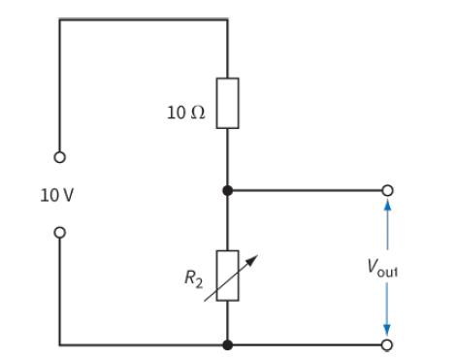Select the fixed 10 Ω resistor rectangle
tap(227, 104)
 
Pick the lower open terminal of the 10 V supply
tap(60, 232)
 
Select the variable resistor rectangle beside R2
tap(227, 275)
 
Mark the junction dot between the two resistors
tap(227, 191)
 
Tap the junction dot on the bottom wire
tap(227, 344)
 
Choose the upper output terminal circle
tap(388, 191)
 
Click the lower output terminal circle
tap(388, 344)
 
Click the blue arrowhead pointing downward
tap(388, 330)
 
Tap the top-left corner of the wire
tap(60, 18)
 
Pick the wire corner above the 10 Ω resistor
tap(227, 18)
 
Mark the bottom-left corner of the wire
tap(60, 344)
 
